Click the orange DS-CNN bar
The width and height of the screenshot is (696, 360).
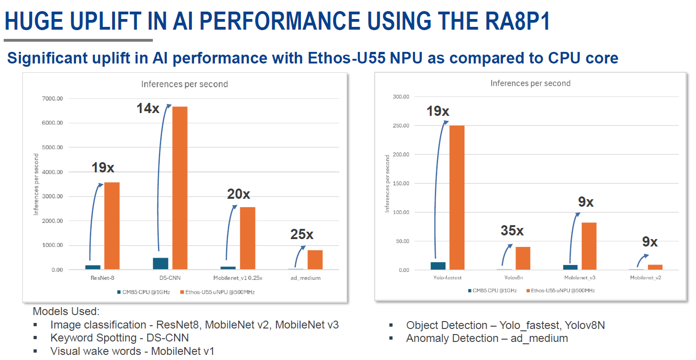pyautogui.click(x=180, y=188)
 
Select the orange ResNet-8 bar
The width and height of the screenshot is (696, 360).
pyautogui.click(x=112, y=226)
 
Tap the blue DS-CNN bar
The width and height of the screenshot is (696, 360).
pyautogui.click(x=160, y=263)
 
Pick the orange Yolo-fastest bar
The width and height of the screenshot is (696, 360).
pyautogui.click(x=457, y=197)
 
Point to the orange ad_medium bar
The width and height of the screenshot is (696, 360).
pyautogui.click(x=315, y=259)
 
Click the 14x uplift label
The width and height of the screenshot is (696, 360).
pyautogui.click(x=148, y=109)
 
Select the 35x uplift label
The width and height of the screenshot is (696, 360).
pyautogui.click(x=512, y=230)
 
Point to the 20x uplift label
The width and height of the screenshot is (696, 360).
pyautogui.click(x=238, y=194)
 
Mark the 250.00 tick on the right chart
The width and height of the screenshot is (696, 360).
pyautogui.click(x=401, y=126)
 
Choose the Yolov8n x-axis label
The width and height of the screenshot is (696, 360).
pyautogui.click(x=514, y=278)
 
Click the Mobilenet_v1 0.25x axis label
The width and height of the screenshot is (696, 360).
pyautogui.click(x=238, y=278)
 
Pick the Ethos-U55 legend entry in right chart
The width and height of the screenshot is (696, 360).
pyautogui.click(x=563, y=290)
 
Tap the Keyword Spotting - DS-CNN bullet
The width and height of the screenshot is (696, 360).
pyautogui.click(x=119, y=338)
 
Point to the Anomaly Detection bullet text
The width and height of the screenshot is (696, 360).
pyautogui.click(x=487, y=338)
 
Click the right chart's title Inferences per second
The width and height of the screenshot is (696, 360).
pyautogui.click(x=530, y=83)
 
